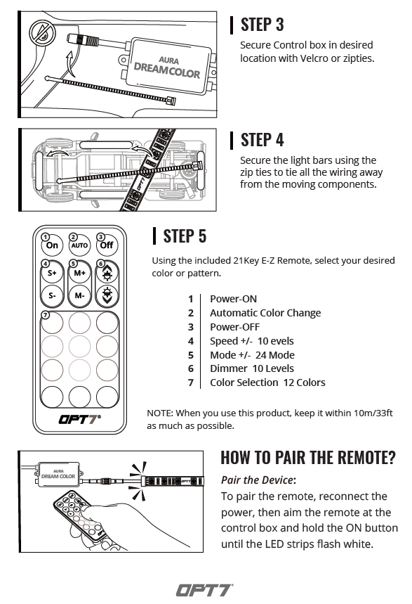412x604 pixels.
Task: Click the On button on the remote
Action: point(52,245)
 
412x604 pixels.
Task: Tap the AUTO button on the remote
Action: point(79,245)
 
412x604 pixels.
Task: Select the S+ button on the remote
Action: point(52,273)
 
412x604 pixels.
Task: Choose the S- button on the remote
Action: point(52,295)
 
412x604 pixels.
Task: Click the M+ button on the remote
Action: point(79,273)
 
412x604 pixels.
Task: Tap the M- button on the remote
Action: point(79,295)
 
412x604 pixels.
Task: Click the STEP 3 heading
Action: point(262,25)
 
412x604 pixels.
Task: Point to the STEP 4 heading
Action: point(262,140)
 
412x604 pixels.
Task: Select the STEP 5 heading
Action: point(185,236)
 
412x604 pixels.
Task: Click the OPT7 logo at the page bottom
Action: point(205,590)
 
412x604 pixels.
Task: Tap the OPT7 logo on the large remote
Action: point(79,419)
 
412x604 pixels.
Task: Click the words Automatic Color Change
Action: point(265,313)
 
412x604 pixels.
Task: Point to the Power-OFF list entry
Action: point(234,327)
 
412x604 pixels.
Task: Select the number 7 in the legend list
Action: point(191,383)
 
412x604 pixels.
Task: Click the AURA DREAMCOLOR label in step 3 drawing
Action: point(167,68)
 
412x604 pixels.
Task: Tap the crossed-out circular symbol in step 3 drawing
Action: point(42,33)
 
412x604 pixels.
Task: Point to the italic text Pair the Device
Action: point(257,480)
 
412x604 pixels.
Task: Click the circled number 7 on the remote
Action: point(46,315)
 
